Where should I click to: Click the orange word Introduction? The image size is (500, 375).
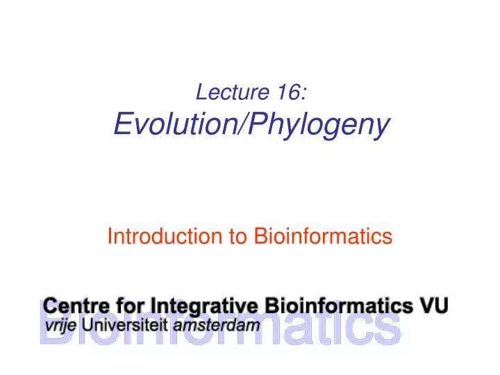(x=164, y=237)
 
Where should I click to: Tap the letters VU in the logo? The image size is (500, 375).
(x=434, y=305)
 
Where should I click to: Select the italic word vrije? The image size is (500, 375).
(x=61, y=324)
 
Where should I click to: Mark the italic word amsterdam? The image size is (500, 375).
(x=217, y=324)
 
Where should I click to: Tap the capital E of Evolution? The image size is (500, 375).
(x=122, y=125)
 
